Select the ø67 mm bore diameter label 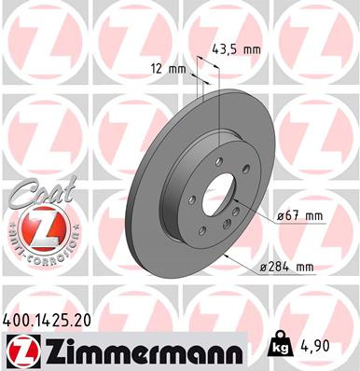pyautogui.click(x=300, y=216)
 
